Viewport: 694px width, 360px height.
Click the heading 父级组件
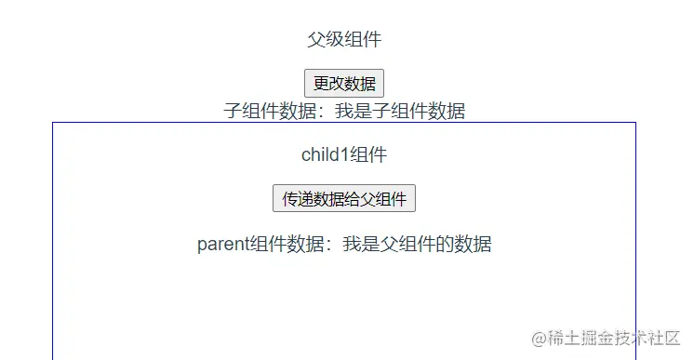coord(344,39)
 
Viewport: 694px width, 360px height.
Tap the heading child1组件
coord(344,154)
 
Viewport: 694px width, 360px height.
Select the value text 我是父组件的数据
coord(417,245)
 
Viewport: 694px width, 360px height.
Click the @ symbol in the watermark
coord(537,338)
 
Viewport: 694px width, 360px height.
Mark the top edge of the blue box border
coord(344,122)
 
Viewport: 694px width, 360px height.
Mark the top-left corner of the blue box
coord(52,122)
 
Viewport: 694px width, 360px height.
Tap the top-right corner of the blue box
coord(636,122)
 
